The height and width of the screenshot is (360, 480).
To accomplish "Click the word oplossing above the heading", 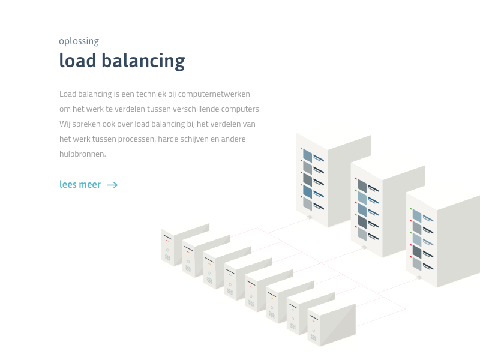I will click(79, 41).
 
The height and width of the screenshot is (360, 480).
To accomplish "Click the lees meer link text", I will click(80, 185).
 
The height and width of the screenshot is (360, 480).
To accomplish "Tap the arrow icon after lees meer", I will click(112, 185).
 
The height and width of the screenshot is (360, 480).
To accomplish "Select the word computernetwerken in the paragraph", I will click(214, 94).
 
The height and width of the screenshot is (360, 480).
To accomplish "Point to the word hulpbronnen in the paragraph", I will click(82, 154).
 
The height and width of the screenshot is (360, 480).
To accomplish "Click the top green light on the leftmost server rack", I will click(301, 148).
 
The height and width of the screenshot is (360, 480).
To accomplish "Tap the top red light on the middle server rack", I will click(356, 178).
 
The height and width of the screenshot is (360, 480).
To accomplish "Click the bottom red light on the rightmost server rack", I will click(410, 257).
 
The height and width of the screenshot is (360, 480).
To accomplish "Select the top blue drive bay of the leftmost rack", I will click(308, 155).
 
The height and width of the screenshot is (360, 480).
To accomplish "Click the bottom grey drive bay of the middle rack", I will click(362, 234).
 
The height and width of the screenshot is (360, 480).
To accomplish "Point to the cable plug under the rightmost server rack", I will click(419, 277).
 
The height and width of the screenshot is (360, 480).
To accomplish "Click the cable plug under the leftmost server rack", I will click(310, 217).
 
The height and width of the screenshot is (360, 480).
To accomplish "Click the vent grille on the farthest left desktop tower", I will click(167, 257).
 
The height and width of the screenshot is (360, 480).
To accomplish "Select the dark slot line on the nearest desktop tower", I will click(313, 317).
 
